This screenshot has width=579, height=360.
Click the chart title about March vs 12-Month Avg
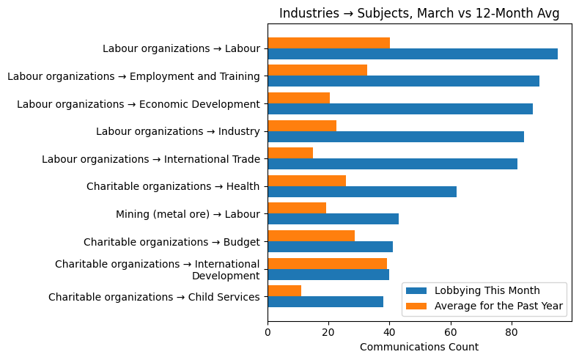419,13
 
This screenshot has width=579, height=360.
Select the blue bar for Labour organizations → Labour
413,54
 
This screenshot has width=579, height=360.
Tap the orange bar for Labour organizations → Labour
328,43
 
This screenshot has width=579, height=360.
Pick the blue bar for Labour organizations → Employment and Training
403,81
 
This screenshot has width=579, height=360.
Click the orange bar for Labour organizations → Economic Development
298,98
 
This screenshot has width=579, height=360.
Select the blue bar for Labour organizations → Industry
396,136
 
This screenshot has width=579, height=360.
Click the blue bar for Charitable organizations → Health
362,191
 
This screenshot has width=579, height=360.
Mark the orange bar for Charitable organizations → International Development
327,263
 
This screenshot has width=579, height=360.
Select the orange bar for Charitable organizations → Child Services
284,291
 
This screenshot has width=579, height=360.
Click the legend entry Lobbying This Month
487,290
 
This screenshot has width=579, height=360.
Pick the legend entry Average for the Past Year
498,306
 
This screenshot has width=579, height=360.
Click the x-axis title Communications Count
419,347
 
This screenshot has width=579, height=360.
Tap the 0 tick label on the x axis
268,331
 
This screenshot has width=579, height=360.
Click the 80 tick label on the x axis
511,331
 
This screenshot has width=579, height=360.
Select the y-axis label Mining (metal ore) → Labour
188,214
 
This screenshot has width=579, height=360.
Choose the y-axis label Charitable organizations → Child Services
154,297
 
